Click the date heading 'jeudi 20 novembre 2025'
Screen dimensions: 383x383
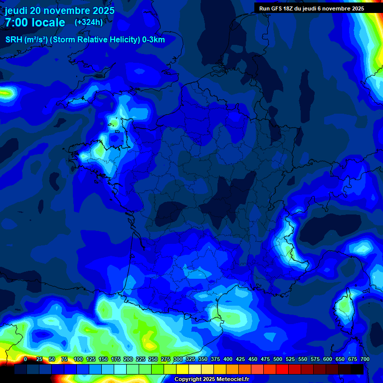tap(59, 10)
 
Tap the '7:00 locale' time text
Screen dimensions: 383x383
tap(35, 22)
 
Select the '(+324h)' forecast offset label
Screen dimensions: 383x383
tap(89, 22)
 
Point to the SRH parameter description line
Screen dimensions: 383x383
tap(85, 40)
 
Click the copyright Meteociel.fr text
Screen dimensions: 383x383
tap(211, 379)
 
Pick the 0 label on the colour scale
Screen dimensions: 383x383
tap(25, 359)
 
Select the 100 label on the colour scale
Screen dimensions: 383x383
tap(78, 359)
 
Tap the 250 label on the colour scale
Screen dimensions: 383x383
tap(153, 359)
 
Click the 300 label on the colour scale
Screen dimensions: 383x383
tap(178, 359)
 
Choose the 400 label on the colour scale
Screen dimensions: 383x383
tap(228, 359)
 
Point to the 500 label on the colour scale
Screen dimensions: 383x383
tap(278, 359)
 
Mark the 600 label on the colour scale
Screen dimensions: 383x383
tap(328, 359)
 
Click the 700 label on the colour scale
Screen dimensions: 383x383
tap(365, 359)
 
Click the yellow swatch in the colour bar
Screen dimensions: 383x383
tap(183, 369)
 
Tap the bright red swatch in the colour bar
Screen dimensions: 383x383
tap(282, 369)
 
